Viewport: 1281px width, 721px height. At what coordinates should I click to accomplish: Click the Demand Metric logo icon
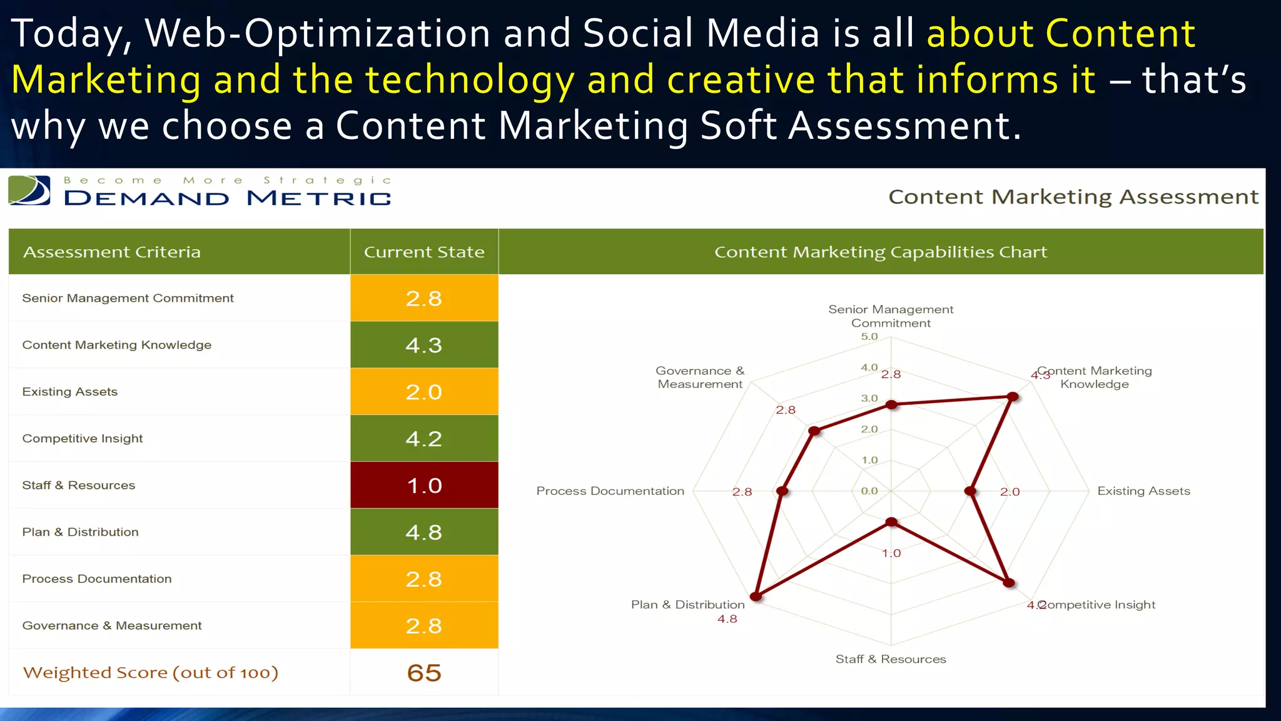(x=29, y=190)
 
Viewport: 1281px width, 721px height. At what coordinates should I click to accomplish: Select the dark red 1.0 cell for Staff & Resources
(x=424, y=485)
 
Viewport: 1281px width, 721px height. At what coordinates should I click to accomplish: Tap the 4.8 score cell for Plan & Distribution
(x=424, y=532)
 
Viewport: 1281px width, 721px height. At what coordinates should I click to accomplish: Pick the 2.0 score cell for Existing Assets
(x=424, y=392)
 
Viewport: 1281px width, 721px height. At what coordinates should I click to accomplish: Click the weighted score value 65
(x=424, y=673)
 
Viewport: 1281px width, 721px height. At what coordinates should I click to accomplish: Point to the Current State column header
(x=424, y=252)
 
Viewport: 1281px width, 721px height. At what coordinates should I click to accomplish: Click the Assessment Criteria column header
(x=112, y=252)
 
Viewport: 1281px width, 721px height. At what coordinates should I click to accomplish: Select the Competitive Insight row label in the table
(x=83, y=438)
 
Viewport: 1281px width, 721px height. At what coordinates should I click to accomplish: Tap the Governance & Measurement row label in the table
(x=112, y=625)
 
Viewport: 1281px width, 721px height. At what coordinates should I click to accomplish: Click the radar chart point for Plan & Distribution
(x=756, y=596)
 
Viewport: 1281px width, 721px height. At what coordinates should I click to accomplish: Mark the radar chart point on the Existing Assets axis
(x=970, y=491)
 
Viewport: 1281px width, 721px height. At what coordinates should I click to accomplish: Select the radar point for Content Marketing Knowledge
(x=1013, y=396)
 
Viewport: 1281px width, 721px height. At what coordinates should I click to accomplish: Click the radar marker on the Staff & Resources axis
(x=891, y=522)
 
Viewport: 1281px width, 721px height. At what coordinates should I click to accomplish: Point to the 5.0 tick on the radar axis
(x=869, y=337)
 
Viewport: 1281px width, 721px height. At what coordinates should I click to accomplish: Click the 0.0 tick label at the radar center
(x=869, y=491)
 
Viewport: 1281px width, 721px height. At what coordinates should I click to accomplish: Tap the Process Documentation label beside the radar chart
(x=610, y=491)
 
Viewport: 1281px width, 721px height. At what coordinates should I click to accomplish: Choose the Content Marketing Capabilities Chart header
(x=880, y=252)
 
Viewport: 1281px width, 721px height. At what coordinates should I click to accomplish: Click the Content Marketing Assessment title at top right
(x=1073, y=197)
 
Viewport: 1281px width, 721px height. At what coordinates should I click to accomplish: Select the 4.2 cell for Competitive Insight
(x=424, y=438)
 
